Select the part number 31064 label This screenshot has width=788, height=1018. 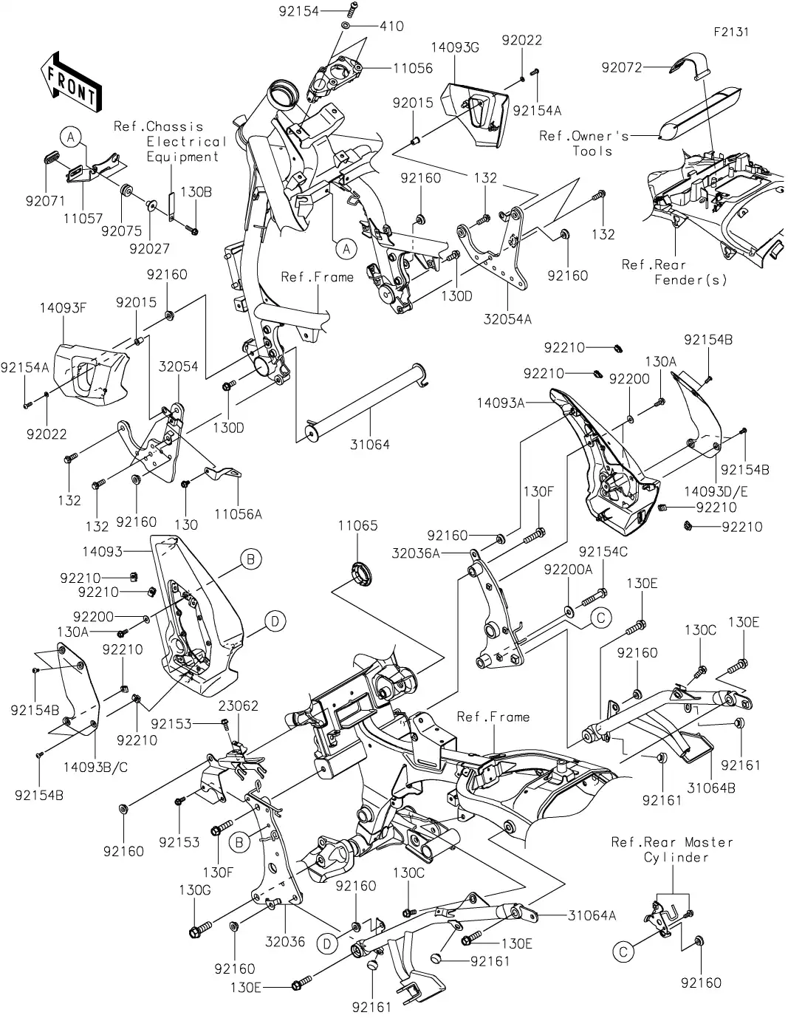tap(371, 445)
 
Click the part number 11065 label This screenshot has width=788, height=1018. tap(358, 526)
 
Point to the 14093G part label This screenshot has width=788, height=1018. tap(456, 48)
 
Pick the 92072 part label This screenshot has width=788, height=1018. tap(621, 68)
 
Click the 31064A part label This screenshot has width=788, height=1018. tap(592, 915)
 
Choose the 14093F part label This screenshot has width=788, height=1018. tap(64, 309)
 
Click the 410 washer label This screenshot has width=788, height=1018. tap(391, 27)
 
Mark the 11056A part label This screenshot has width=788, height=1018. tap(239, 513)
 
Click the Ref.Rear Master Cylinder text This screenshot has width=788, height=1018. tap(672, 850)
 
